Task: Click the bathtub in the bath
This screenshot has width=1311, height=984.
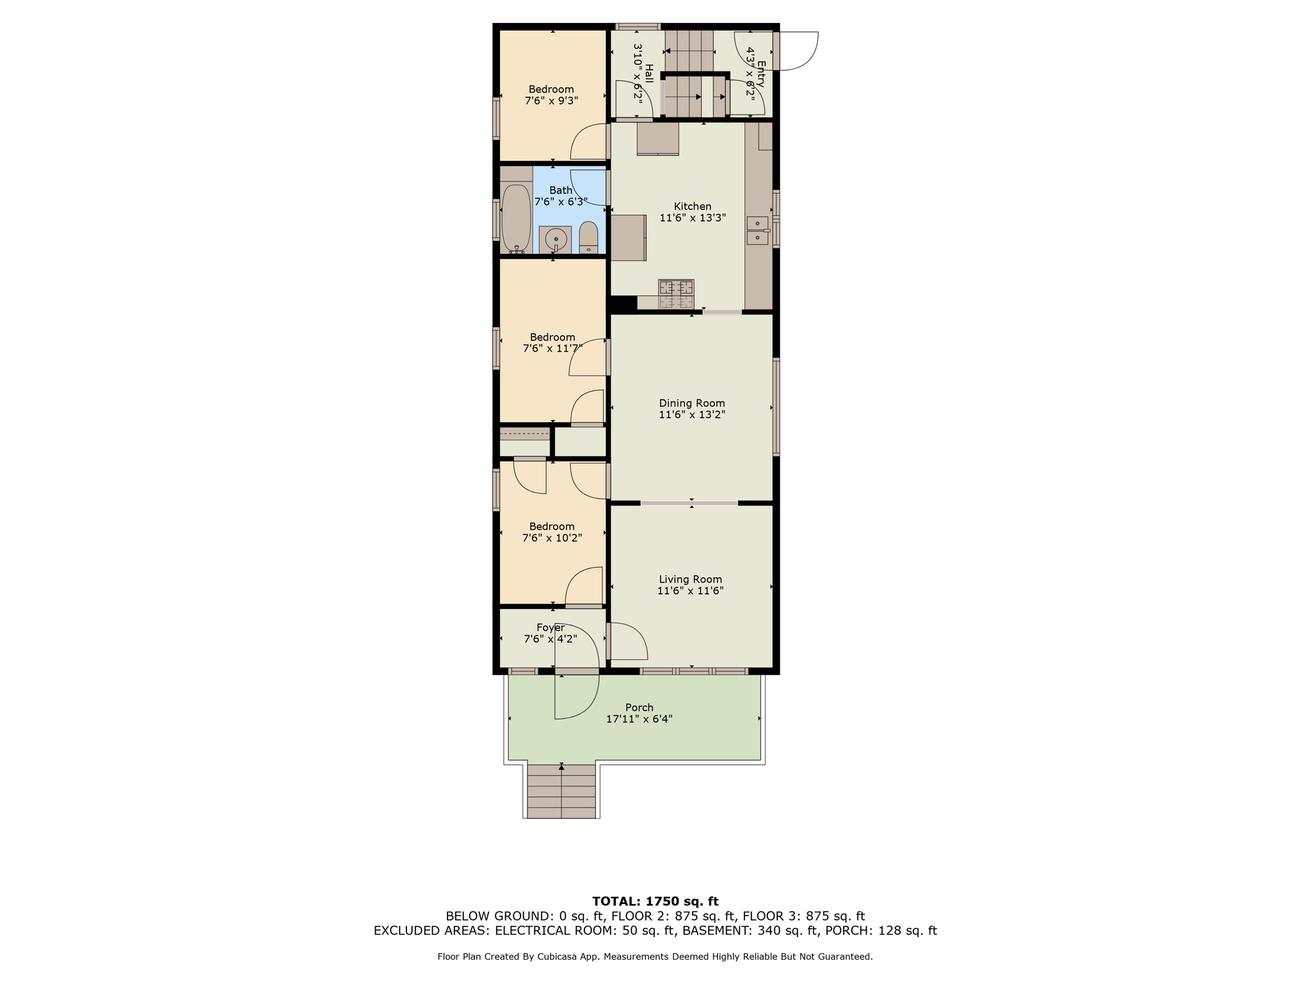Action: click(x=516, y=218)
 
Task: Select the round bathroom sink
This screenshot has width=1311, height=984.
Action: click(x=556, y=240)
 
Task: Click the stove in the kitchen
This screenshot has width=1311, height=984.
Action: click(x=676, y=295)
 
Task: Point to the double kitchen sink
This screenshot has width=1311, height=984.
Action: click(x=758, y=231)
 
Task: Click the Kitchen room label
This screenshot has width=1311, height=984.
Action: click(x=692, y=206)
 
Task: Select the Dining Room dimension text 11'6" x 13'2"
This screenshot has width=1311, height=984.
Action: click(x=692, y=414)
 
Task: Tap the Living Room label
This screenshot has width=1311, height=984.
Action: click(x=690, y=579)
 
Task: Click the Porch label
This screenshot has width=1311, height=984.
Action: click(x=639, y=707)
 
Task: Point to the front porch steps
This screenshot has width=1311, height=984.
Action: click(x=561, y=791)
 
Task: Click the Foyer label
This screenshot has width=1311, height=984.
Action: click(x=551, y=628)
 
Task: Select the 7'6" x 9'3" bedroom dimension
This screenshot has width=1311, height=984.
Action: click(x=551, y=101)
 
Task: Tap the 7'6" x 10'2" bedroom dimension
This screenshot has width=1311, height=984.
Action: click(x=552, y=538)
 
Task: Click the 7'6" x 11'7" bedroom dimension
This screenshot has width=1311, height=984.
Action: click(x=552, y=348)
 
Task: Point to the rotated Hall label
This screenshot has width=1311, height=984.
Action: click(x=649, y=73)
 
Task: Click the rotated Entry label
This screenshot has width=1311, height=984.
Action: click(x=761, y=73)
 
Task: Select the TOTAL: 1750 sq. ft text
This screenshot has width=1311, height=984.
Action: click(x=655, y=901)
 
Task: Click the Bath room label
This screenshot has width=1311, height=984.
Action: click(x=561, y=190)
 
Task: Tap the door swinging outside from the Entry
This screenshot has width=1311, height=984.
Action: click(x=798, y=50)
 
